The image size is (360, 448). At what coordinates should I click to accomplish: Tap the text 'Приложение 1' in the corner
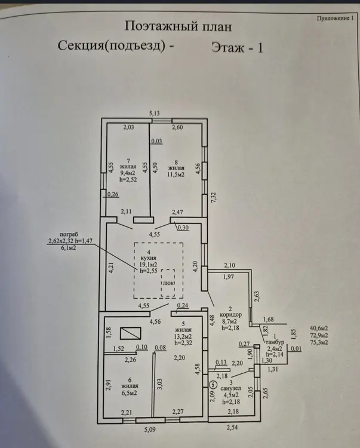[x=334, y=19]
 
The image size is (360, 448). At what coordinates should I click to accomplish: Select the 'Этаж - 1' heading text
[x=237, y=47]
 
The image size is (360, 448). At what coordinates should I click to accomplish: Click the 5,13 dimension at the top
[x=155, y=113]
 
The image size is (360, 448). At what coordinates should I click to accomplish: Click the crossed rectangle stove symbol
[x=130, y=333]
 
